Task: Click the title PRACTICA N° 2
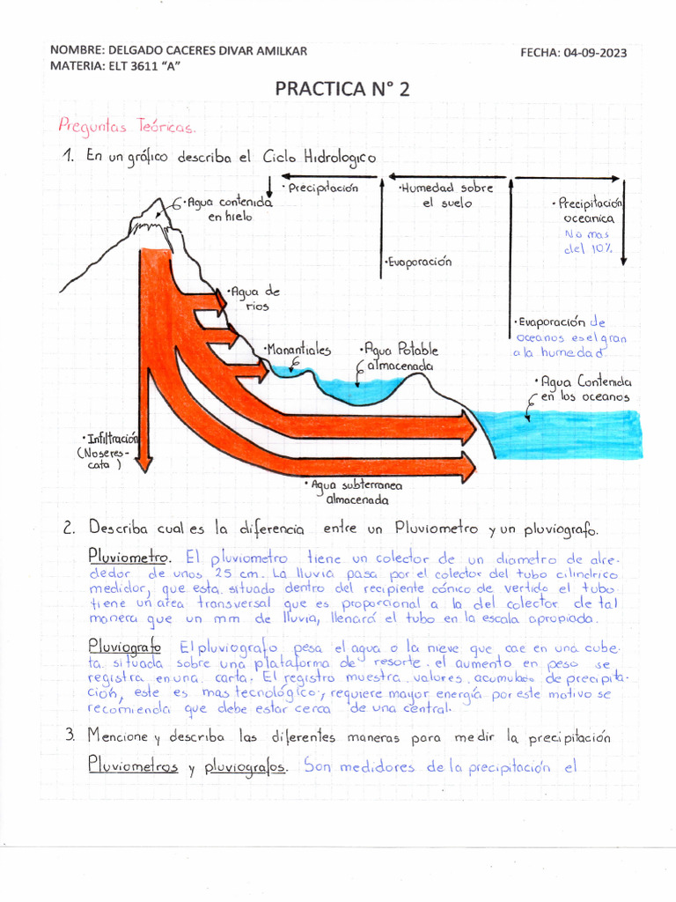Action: [x=342, y=90]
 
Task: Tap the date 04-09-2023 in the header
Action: [x=597, y=53]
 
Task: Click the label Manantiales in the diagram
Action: [x=298, y=350]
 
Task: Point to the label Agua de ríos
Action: [x=253, y=299]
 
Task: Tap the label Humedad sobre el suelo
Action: [x=445, y=196]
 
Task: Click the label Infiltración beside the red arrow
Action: [x=110, y=438]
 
